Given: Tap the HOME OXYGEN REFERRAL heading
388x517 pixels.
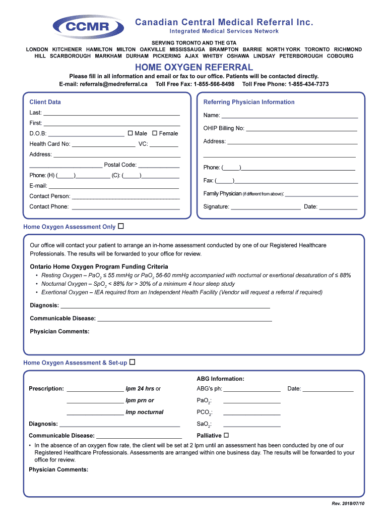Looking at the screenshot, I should click(193, 67).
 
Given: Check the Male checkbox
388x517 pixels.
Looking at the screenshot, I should click(130, 133).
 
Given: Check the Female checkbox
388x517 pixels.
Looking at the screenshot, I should click(155, 133).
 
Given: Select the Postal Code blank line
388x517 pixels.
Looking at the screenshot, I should click(159, 166).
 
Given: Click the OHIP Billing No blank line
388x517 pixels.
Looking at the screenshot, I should click(301, 129).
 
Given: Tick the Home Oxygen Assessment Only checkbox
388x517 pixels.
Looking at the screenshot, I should click(121, 227).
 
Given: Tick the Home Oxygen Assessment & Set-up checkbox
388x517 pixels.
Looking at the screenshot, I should click(133, 363).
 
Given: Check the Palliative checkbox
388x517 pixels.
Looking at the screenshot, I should click(226, 435).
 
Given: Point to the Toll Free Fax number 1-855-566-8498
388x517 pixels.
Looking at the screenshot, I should click(214, 84).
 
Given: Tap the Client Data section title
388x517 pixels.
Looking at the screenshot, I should click(45, 102).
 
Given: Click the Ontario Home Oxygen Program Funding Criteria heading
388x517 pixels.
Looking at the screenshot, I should click(99, 267).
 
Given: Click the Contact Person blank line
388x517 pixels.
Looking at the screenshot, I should click(126, 197).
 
